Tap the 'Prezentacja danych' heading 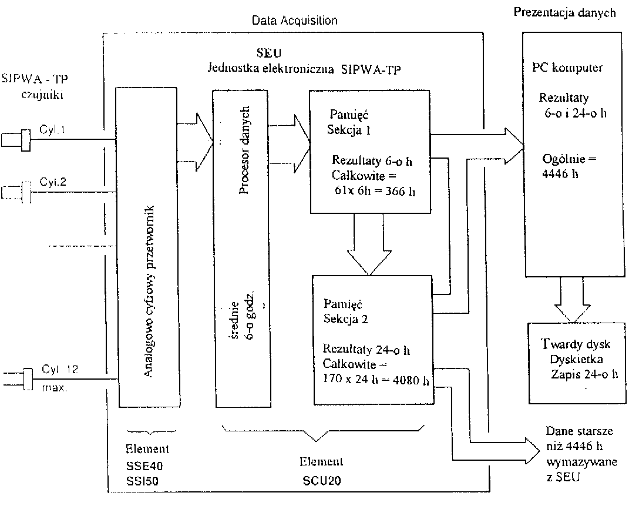click(565, 12)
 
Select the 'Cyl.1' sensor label click(52, 130)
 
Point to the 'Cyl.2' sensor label click(53, 182)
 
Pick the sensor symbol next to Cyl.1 click(15, 140)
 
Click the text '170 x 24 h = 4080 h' click(376, 379)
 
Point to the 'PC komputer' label click(563, 68)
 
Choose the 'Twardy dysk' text click(574, 344)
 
